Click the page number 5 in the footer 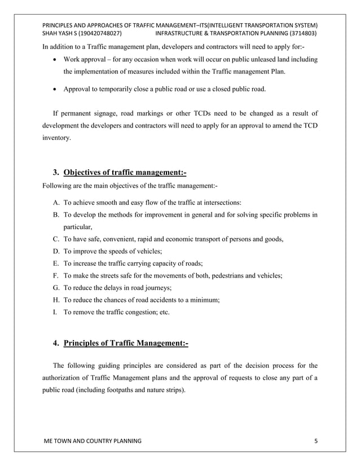[316, 439]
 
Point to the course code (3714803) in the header [302, 34]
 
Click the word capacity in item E [160, 263]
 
